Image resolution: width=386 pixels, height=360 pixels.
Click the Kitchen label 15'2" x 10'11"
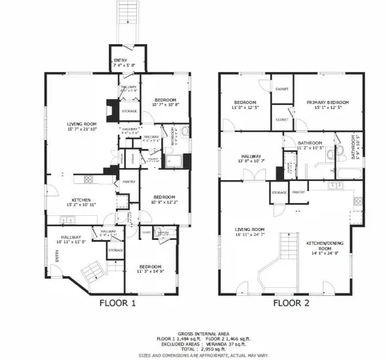78,202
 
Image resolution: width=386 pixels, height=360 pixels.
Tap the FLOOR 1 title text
119,303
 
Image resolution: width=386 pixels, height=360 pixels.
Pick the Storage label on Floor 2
279,192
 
